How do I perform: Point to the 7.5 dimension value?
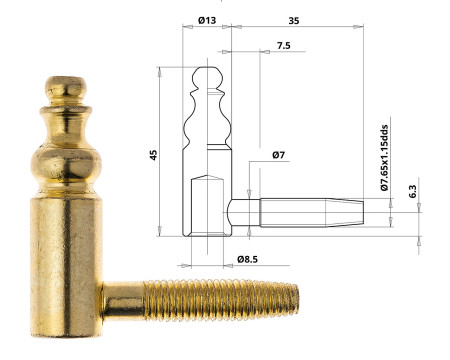[283, 46]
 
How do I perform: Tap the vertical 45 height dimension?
[153, 154]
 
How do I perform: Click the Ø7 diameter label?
[280, 156]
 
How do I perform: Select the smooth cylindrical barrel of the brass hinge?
[69, 250]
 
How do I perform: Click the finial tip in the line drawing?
[207, 75]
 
